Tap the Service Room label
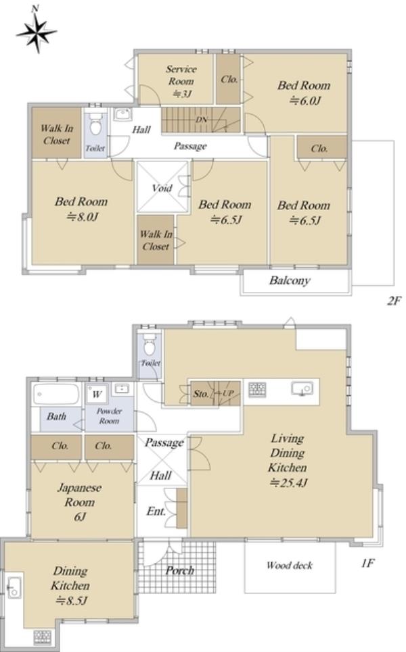[181, 75]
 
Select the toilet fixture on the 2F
[95, 124]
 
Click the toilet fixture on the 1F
[150, 345]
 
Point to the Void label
[162, 188]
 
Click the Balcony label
[290, 280]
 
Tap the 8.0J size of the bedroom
[83, 217]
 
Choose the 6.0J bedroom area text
[305, 100]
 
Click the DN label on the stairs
[202, 120]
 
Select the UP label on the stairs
[228, 393]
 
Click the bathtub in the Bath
[56, 394]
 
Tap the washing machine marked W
[97, 394]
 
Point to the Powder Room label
[109, 416]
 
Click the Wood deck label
[290, 565]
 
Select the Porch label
[180, 570]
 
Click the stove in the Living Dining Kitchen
[257, 390]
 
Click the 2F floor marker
[393, 300]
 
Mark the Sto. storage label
[201, 393]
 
